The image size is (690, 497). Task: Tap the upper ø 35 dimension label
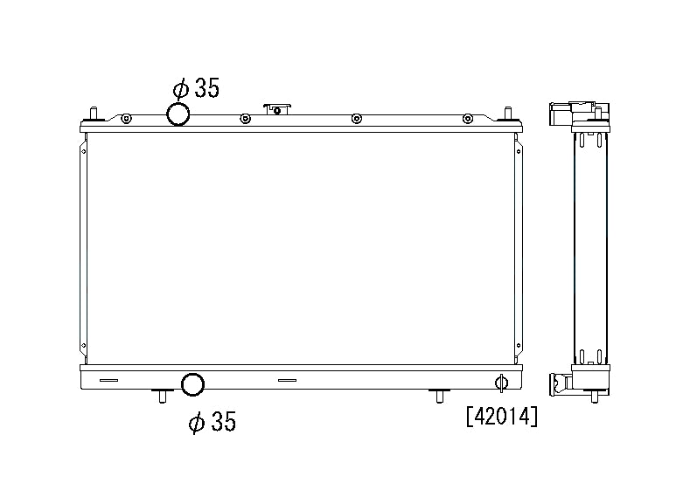click(x=196, y=88)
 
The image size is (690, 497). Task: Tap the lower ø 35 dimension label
click(x=213, y=421)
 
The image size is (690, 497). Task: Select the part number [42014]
click(x=502, y=416)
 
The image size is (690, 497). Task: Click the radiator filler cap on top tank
click(x=277, y=109)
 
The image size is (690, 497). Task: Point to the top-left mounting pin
click(x=94, y=114)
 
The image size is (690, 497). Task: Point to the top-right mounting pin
click(x=508, y=114)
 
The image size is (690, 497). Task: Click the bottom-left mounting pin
click(x=162, y=396)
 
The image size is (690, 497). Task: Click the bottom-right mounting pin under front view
click(x=439, y=396)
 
